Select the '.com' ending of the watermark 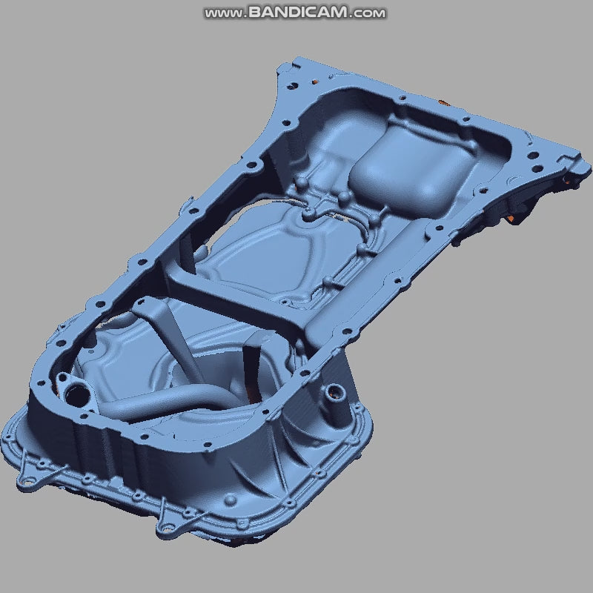pos(368,13)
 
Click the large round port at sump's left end pos(75,390)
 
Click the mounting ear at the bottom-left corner pos(28,480)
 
